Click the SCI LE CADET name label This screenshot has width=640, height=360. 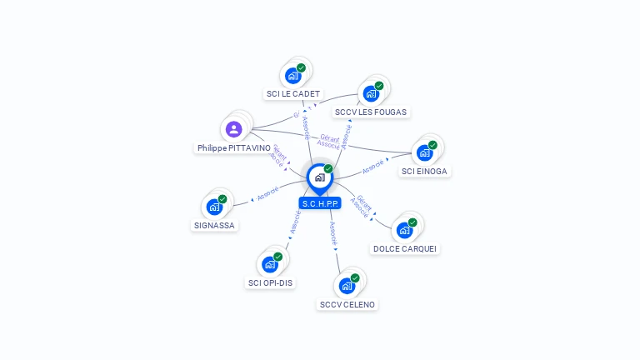pos(292,94)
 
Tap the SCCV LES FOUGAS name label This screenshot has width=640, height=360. pos(372,112)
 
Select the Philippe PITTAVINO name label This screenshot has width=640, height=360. pos(234,147)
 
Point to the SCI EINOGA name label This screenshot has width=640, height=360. pos(424,171)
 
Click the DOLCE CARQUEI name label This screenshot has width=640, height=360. pos(405,248)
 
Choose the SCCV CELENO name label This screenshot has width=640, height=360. pos(347,304)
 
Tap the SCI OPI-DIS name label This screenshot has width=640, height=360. pos(270,282)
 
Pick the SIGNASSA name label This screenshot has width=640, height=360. pos(214,225)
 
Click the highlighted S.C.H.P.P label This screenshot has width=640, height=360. pos(320,202)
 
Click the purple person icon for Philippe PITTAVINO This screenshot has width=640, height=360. pos(234,129)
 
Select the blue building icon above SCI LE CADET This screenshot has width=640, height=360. pos(292,76)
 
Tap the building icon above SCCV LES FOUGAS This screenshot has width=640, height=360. pos(371,93)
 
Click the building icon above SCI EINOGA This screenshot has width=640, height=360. pos(424,152)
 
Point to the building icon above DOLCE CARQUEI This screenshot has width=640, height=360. pos(405,230)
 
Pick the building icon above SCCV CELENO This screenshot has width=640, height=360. pos(347,286)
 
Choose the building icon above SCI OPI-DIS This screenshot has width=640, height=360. pos(269,264)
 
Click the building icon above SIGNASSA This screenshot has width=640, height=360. pos(214,207)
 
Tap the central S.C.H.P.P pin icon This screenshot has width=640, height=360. pos(320,177)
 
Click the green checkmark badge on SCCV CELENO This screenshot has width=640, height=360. pos(355,277)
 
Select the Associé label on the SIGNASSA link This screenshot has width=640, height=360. pos(268,193)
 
